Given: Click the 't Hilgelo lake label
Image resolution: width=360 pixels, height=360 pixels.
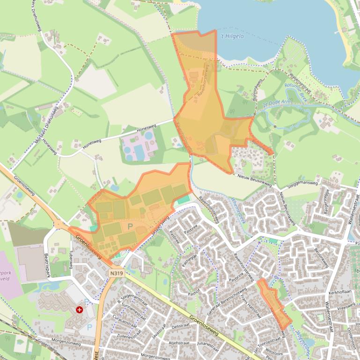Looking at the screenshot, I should tap(232, 36).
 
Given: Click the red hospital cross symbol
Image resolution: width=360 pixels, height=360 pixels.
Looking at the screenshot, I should tap(80, 310).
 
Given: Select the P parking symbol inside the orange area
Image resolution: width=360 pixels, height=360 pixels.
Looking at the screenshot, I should tap(130, 226).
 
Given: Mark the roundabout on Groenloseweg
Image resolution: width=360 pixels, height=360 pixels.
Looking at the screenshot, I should tap(60, 224).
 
